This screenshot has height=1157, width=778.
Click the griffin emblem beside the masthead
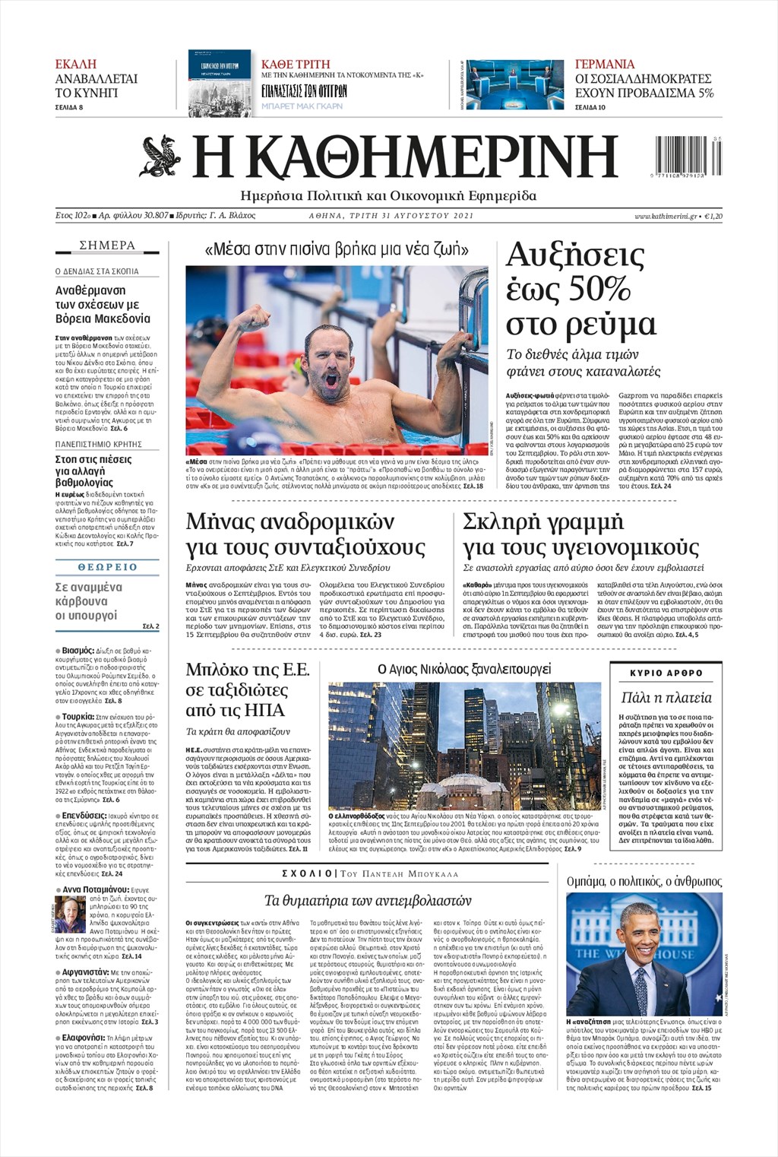tap(160, 155)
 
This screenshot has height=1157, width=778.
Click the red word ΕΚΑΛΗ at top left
tap(76, 64)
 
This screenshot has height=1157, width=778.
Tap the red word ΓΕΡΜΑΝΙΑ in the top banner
tap(605, 64)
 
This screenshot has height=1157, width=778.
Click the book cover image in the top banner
tap(220, 83)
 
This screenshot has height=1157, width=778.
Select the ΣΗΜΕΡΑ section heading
tap(107, 246)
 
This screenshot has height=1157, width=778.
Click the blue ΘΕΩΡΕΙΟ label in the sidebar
tap(107, 567)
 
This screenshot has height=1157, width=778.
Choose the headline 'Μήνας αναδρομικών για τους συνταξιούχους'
tap(305, 534)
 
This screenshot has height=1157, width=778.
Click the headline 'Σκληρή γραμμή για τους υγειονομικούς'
tap(580, 534)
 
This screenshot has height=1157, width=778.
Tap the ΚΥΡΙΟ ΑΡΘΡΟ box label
tap(666, 673)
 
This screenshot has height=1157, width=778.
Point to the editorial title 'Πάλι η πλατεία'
tap(666, 697)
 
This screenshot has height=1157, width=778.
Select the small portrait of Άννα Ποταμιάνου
tap(70, 915)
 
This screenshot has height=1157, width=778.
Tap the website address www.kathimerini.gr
tap(666, 217)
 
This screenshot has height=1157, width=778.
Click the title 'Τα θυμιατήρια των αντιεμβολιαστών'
tap(368, 900)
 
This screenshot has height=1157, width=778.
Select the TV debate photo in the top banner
tap(514, 84)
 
